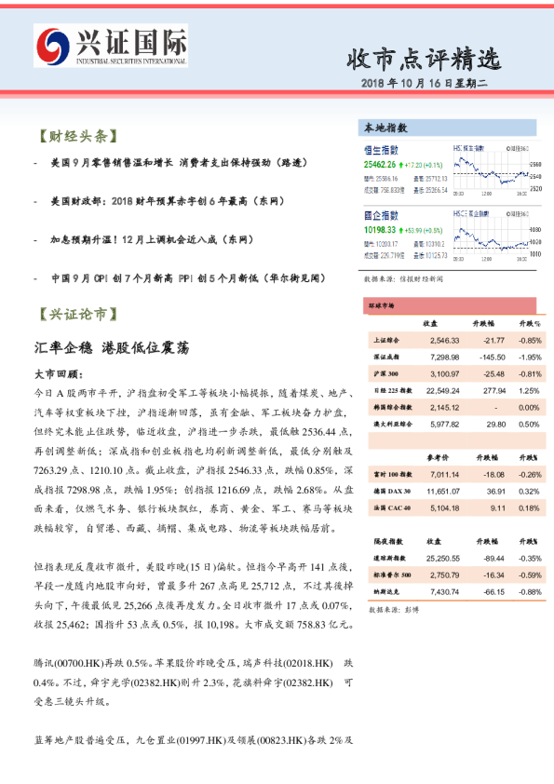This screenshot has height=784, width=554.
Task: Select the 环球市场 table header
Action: click(x=382, y=304)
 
